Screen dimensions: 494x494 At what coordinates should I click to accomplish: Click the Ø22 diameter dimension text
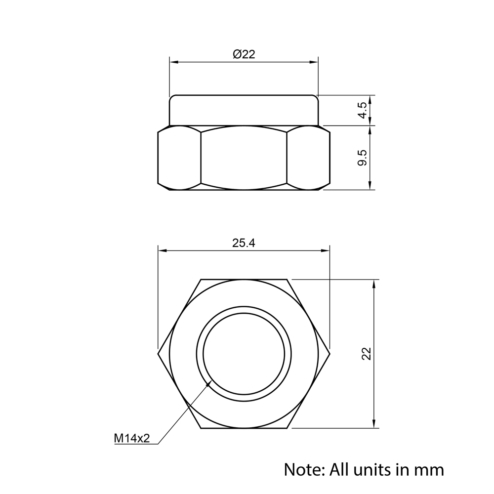(244, 54)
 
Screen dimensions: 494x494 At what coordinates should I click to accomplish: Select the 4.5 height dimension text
(363, 110)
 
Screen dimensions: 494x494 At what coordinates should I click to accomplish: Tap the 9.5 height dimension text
(363, 157)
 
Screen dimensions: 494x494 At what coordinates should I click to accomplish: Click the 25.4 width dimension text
(244, 243)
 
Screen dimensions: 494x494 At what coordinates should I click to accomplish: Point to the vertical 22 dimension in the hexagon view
(366, 353)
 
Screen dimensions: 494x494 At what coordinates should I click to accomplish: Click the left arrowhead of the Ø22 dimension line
(173, 62)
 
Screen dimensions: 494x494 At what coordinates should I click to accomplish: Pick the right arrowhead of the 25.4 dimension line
(326, 250)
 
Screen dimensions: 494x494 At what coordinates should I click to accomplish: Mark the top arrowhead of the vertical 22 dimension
(374, 283)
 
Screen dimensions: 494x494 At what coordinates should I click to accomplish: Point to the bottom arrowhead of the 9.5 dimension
(370, 186)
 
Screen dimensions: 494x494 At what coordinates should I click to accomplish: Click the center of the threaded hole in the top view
(244, 353)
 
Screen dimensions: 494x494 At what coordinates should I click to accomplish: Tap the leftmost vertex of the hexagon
(158, 353)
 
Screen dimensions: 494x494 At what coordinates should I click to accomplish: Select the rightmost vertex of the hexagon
(329, 353)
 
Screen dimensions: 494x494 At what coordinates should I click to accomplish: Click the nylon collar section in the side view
(244, 110)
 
